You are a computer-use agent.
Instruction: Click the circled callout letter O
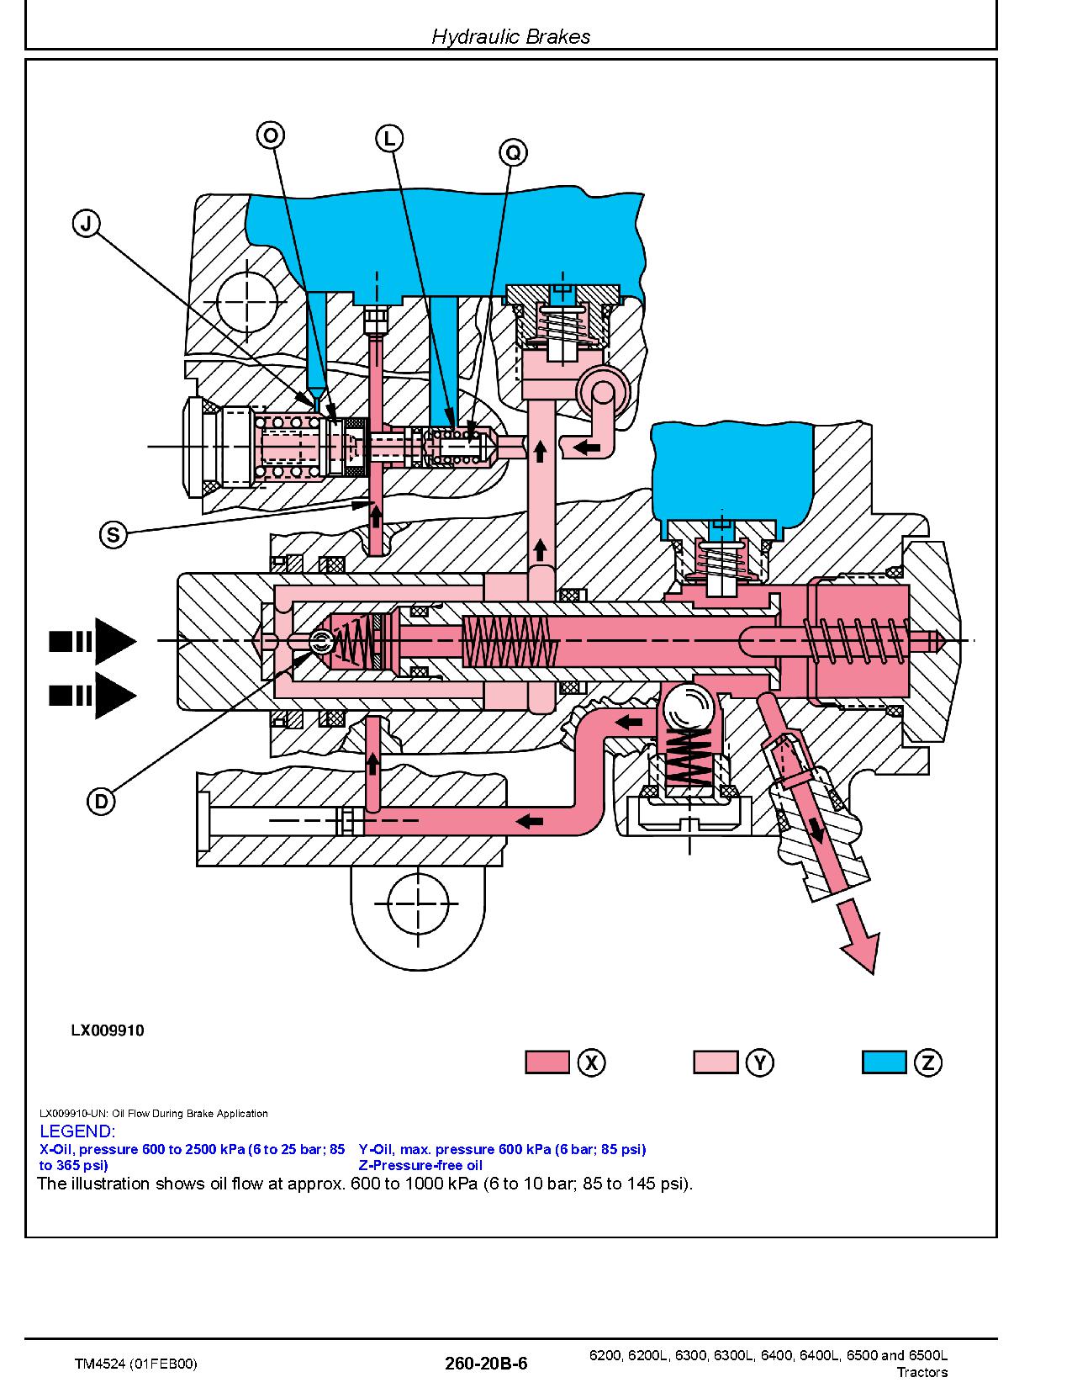pos(271,135)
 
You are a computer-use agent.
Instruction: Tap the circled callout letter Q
pos(514,152)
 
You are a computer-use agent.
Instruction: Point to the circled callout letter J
pos(87,225)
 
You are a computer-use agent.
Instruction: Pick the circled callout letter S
pos(114,534)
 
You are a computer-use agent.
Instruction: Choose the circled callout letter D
pos(101,802)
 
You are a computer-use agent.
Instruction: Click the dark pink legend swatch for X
pos(547,1062)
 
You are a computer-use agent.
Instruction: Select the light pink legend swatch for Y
pos(716,1062)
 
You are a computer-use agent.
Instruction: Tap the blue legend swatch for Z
pos(885,1062)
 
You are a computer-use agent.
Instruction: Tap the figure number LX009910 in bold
pos(108,1030)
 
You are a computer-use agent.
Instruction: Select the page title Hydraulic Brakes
pos(511,36)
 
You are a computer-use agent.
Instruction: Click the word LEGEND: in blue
pos(77,1131)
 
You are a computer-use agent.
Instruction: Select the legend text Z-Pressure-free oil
pos(420,1165)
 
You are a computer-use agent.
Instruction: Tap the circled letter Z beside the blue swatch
pos(927,1062)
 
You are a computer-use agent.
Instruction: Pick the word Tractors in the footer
pos(922,1372)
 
